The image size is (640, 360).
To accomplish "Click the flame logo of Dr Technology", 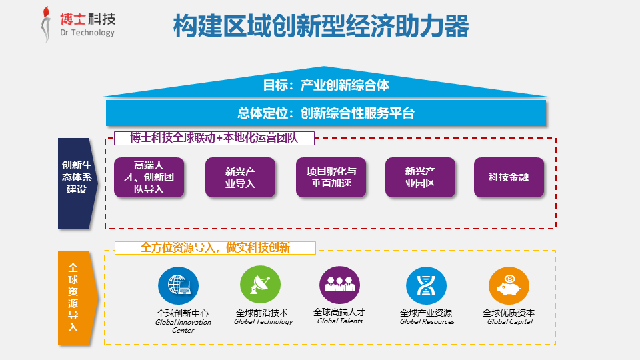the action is point(46,25).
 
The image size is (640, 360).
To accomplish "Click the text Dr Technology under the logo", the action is point(87,33).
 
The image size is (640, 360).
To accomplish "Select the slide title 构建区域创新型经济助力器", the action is point(321,26).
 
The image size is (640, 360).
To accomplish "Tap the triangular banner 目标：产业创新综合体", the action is point(325,84).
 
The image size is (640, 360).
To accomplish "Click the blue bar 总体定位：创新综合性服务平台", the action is point(326,113).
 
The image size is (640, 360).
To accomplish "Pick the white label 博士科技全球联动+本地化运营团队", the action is point(214,138).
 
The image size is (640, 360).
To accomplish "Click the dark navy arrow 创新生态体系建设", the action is point(77,183).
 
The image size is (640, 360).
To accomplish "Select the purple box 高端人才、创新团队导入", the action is point(149,177).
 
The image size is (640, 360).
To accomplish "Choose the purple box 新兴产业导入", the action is point(240,177).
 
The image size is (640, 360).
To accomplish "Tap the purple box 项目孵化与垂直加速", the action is point(331,177).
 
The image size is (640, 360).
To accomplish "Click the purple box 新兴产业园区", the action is point(420,177).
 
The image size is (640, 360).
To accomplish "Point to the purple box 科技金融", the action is point(509,177).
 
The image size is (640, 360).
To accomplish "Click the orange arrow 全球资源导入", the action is point(77,297).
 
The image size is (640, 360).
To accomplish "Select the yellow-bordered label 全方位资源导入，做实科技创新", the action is point(215,248).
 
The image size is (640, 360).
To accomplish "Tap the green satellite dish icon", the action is point(261,285).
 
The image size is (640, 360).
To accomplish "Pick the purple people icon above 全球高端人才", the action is point(339,285).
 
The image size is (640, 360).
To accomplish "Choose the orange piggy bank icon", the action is point(509,286).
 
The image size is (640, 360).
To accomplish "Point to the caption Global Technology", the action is point(263,321).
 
